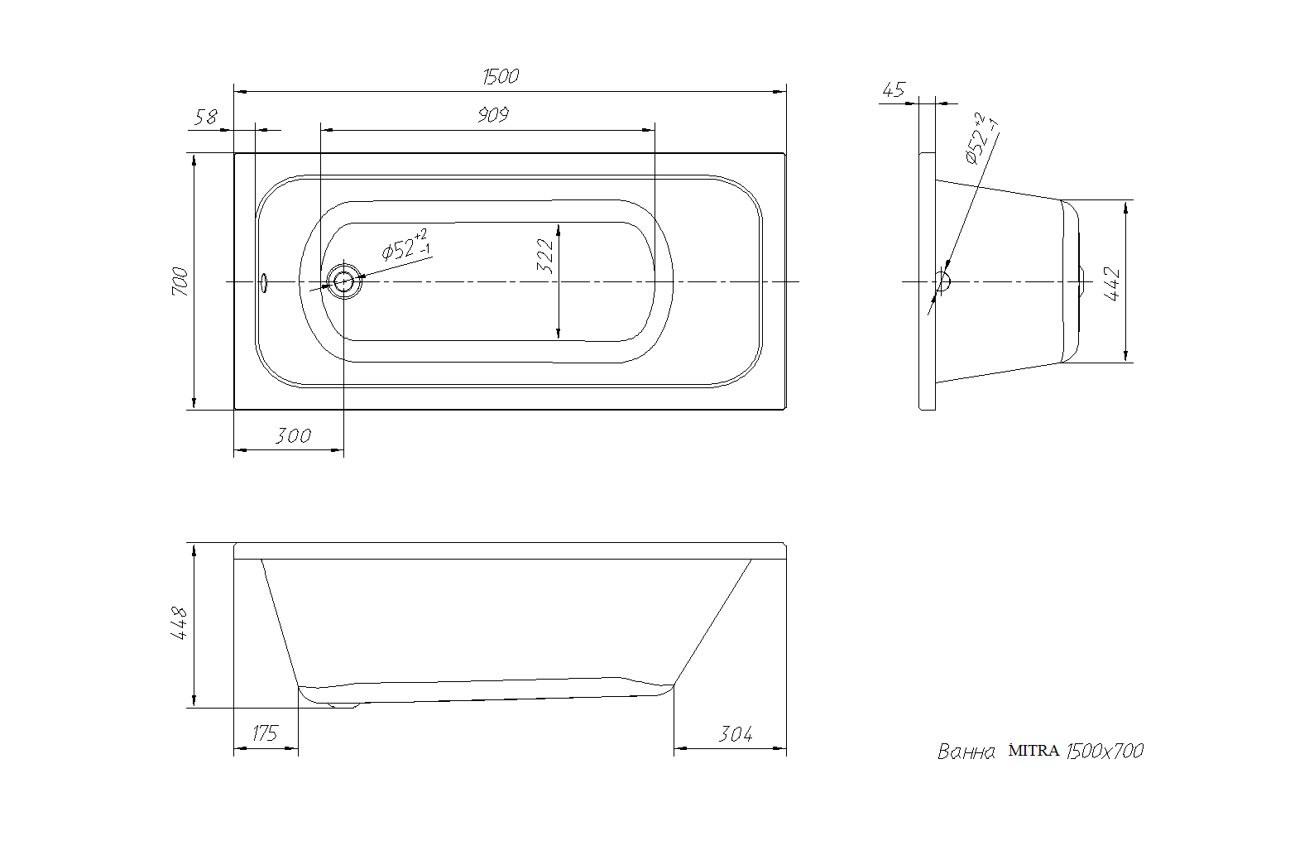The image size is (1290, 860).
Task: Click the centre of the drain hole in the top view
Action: point(344,281)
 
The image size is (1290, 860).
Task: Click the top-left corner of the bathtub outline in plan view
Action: point(234,153)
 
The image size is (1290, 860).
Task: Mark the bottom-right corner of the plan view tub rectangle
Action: point(786,410)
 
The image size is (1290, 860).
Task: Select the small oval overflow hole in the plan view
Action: point(264,283)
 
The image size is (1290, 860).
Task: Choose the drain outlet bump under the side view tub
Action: point(343,704)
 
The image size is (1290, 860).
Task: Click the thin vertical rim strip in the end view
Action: point(928,281)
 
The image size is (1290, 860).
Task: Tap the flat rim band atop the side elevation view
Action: point(511,550)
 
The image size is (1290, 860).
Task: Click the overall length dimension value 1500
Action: point(501,76)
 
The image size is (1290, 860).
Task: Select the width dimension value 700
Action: point(180,281)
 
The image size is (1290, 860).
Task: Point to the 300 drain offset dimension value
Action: point(293,436)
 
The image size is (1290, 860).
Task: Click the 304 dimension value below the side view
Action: point(736,734)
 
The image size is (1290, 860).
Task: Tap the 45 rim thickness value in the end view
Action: point(894,89)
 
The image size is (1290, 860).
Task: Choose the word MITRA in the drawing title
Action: point(1033,751)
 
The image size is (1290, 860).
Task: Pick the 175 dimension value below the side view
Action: point(265,733)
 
